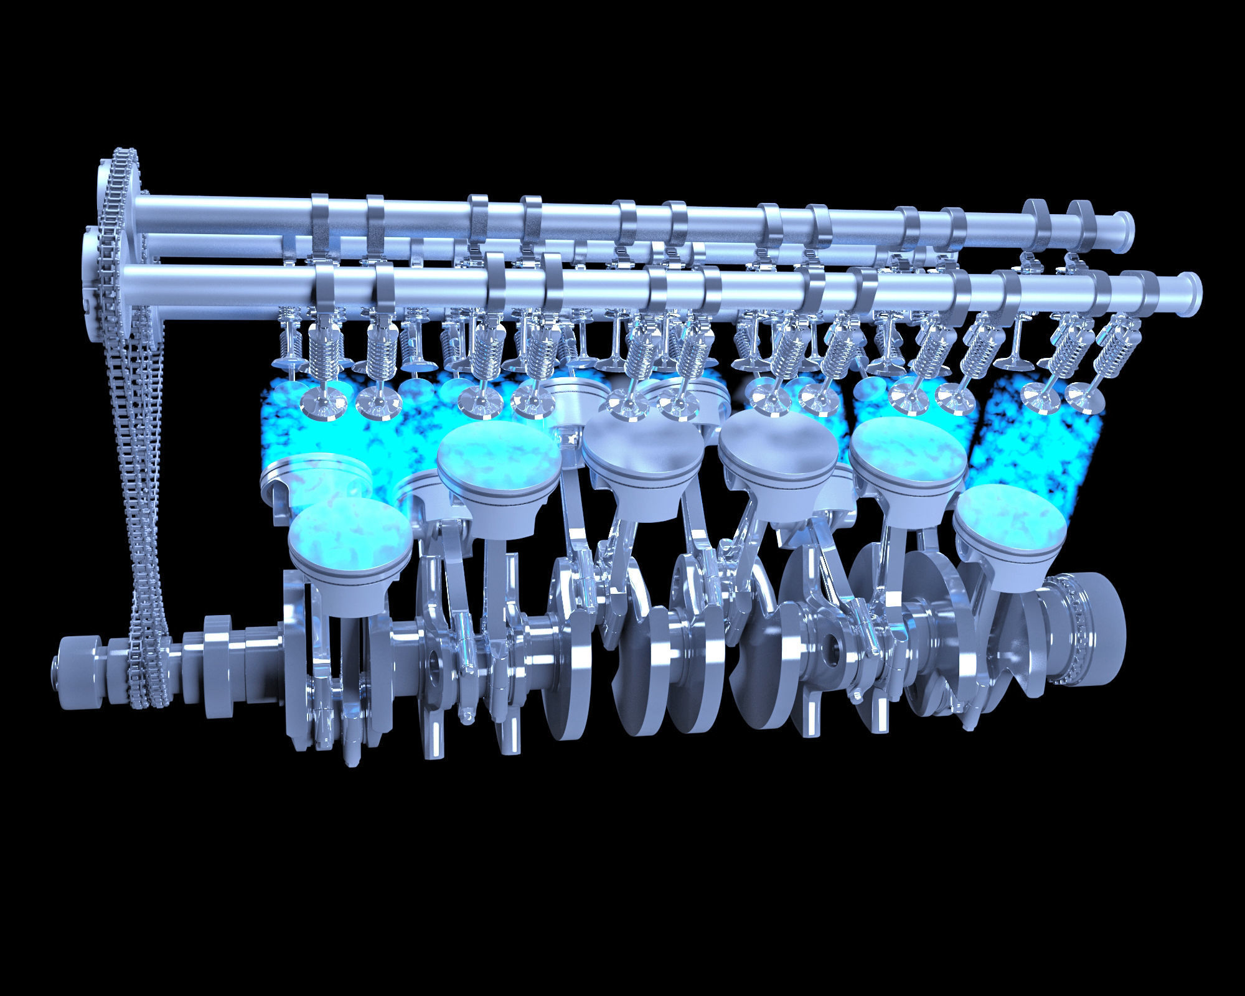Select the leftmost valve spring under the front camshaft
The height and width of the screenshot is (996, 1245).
click(324, 354)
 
